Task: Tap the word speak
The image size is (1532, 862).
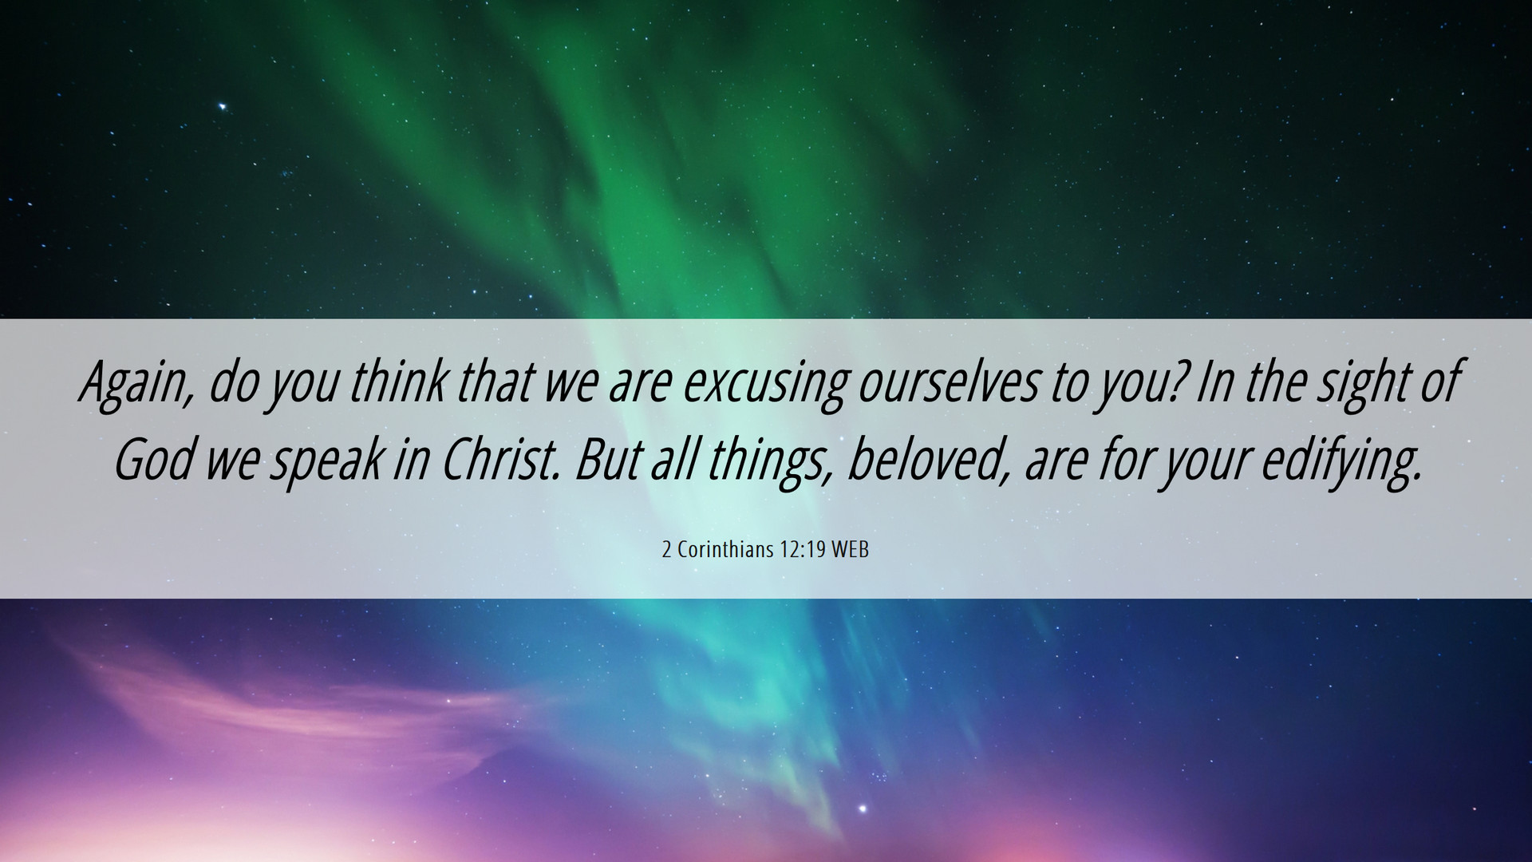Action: point(325,465)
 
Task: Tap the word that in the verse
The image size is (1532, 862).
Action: point(495,382)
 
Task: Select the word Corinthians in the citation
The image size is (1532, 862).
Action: point(726,550)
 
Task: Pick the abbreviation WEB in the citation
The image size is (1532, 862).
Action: point(851,550)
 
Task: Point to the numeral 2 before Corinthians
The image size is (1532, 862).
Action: point(667,550)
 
